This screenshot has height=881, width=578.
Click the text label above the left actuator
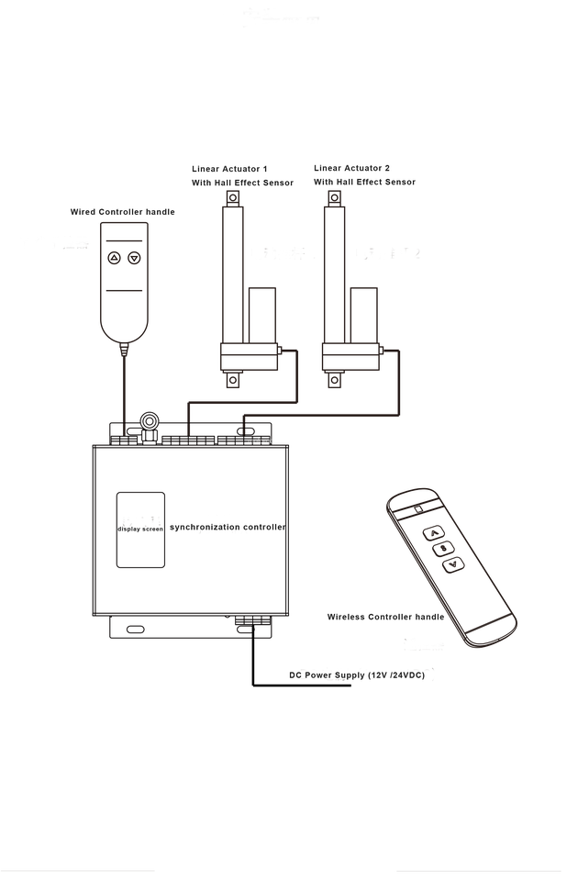tap(242, 175)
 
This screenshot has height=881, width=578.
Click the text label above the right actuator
tap(364, 175)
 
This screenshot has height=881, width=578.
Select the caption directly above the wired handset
tap(122, 211)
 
